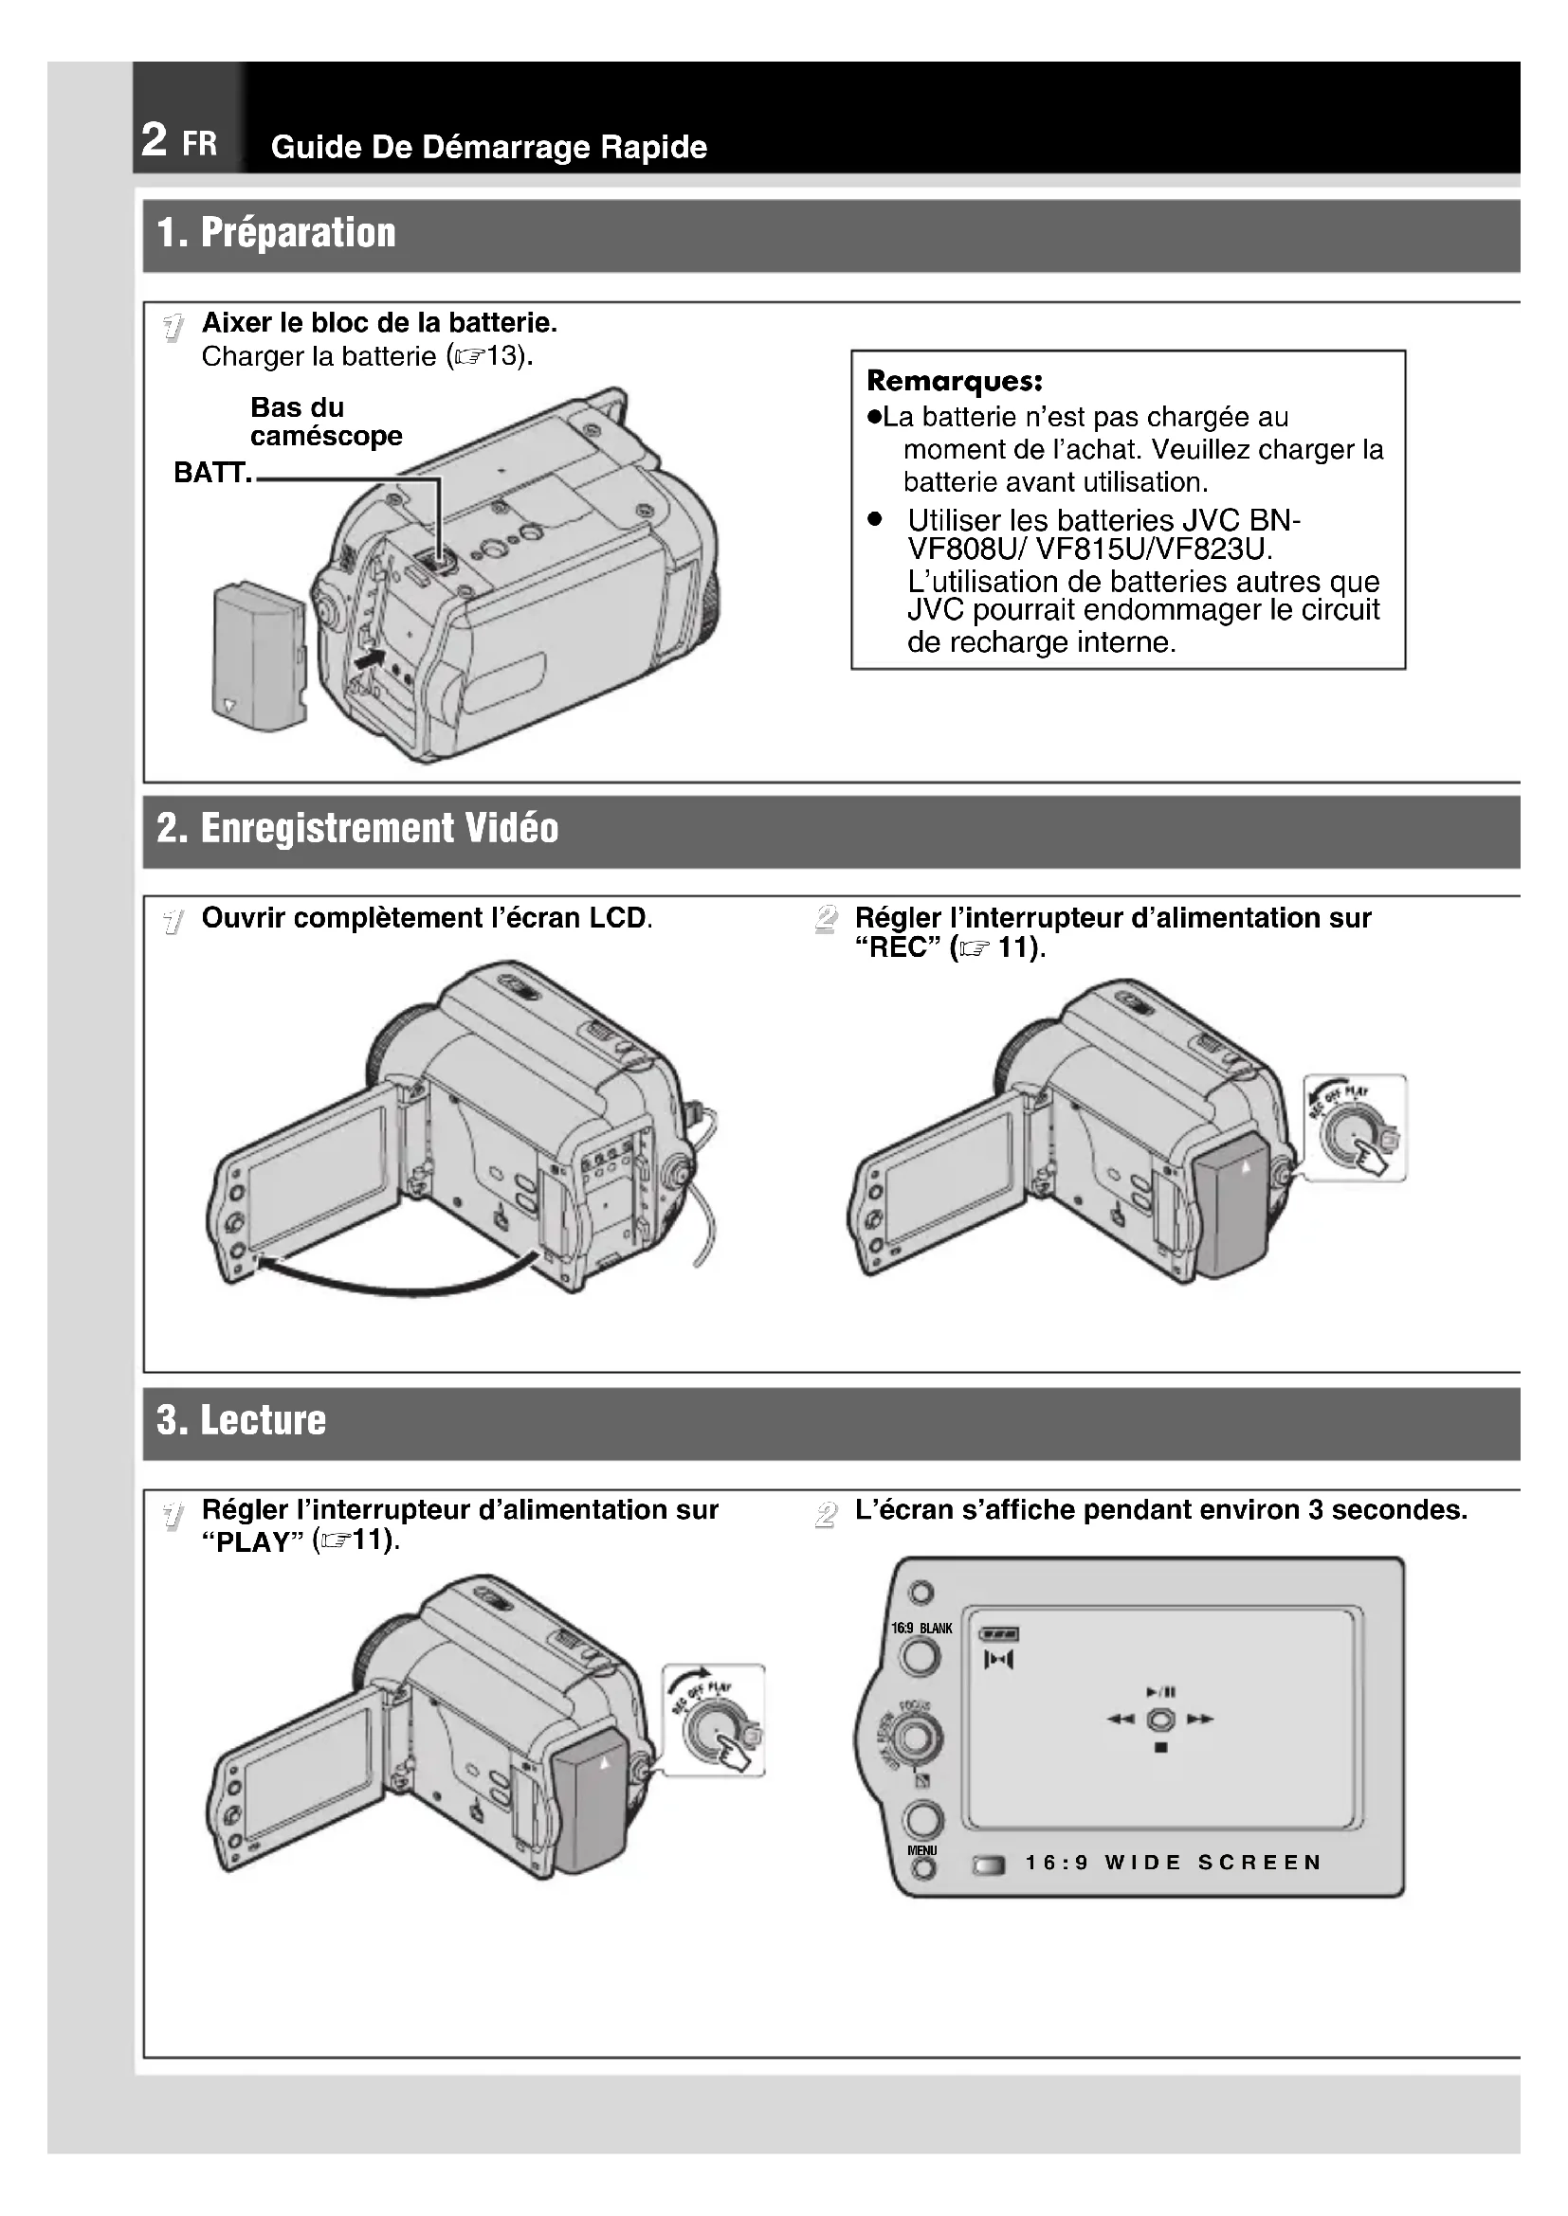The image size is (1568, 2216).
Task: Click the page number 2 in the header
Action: [155, 140]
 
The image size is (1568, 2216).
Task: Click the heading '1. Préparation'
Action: [276, 234]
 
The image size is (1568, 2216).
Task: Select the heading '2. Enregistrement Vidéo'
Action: [357, 829]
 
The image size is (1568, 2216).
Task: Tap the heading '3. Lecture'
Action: [242, 1421]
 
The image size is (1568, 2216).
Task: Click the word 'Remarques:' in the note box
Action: [954, 380]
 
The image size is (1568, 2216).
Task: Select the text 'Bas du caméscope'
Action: [325, 422]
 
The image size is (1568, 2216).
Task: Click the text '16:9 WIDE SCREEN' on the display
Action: [1173, 1863]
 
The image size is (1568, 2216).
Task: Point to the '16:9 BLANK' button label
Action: [921, 1629]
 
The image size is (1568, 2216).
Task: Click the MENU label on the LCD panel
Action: [922, 1850]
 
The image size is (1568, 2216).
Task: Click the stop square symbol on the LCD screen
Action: [1160, 1748]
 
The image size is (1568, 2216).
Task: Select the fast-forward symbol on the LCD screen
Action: [1200, 1719]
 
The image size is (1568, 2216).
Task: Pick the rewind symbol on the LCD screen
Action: [1120, 1719]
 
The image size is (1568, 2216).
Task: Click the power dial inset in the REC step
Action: [1354, 1127]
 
